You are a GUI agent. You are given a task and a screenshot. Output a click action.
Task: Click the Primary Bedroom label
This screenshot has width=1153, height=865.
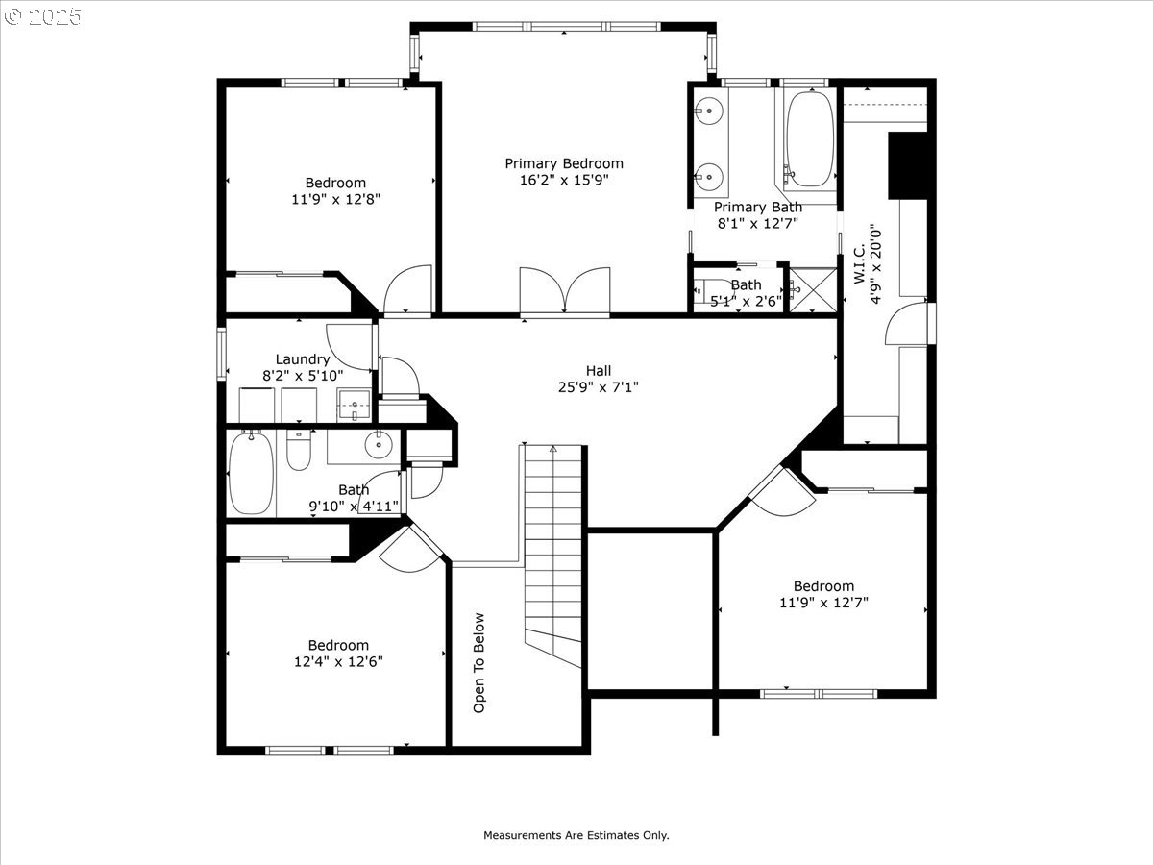pyautogui.click(x=564, y=163)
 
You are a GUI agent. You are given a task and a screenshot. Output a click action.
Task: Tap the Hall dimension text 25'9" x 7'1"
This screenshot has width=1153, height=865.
pyautogui.click(x=599, y=387)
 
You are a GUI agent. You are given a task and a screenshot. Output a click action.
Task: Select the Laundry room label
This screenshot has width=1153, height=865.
pyautogui.click(x=303, y=359)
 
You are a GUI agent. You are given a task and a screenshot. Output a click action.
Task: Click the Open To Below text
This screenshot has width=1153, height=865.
pyautogui.click(x=478, y=663)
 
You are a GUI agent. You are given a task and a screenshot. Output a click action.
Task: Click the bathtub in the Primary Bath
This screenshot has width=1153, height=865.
pyautogui.click(x=809, y=138)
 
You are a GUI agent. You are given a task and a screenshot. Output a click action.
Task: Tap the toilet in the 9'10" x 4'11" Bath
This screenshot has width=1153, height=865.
pyautogui.click(x=299, y=450)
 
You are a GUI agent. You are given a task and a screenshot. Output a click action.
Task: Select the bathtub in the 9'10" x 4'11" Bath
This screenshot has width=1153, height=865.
pyautogui.click(x=251, y=472)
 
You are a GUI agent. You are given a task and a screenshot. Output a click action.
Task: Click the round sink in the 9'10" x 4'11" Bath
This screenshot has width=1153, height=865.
pyautogui.click(x=379, y=446)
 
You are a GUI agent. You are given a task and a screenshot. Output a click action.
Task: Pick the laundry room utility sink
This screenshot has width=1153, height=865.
pyautogui.click(x=354, y=405)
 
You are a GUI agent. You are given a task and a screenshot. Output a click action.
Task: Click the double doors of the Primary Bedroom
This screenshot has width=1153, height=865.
pyautogui.click(x=565, y=290)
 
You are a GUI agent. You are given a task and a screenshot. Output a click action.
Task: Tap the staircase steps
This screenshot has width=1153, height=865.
pyautogui.click(x=553, y=556)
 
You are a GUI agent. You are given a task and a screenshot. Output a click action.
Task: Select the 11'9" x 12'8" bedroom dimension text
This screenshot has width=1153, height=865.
pyautogui.click(x=335, y=199)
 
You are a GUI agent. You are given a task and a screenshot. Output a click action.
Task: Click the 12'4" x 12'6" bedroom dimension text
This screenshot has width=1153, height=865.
pyautogui.click(x=338, y=661)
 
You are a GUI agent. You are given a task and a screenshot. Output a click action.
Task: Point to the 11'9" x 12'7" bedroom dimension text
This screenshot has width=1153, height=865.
pyautogui.click(x=823, y=603)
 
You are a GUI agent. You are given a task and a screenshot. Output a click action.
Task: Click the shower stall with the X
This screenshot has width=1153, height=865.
pyautogui.click(x=813, y=290)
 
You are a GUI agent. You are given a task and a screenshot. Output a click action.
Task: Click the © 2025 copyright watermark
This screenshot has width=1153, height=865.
pyautogui.click(x=42, y=16)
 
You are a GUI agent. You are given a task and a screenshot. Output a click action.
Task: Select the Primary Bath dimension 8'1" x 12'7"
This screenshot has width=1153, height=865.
pyautogui.click(x=758, y=223)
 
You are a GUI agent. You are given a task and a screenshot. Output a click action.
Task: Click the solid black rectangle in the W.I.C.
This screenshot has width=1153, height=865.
pyautogui.click(x=908, y=165)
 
